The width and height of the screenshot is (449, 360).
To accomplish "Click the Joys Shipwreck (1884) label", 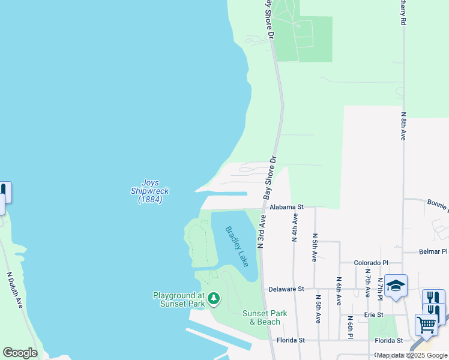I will pos(150,191).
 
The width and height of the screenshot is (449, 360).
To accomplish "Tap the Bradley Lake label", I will pos(237,246).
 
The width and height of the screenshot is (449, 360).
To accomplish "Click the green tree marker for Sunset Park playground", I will pos(213,298).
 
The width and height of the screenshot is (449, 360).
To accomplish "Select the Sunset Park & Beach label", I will pos(265,317).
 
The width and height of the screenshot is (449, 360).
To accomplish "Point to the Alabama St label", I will pos(287,206).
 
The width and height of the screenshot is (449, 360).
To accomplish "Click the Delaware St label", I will pos(287,289).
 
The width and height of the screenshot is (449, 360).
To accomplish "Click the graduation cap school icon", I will pos(396,286).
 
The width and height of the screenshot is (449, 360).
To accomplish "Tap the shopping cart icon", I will pos(426,325).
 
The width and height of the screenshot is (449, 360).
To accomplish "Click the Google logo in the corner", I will pos(20,353).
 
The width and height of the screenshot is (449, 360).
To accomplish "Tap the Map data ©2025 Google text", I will pos(412,356).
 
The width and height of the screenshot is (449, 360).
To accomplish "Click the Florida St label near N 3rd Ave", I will pos(291,340).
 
